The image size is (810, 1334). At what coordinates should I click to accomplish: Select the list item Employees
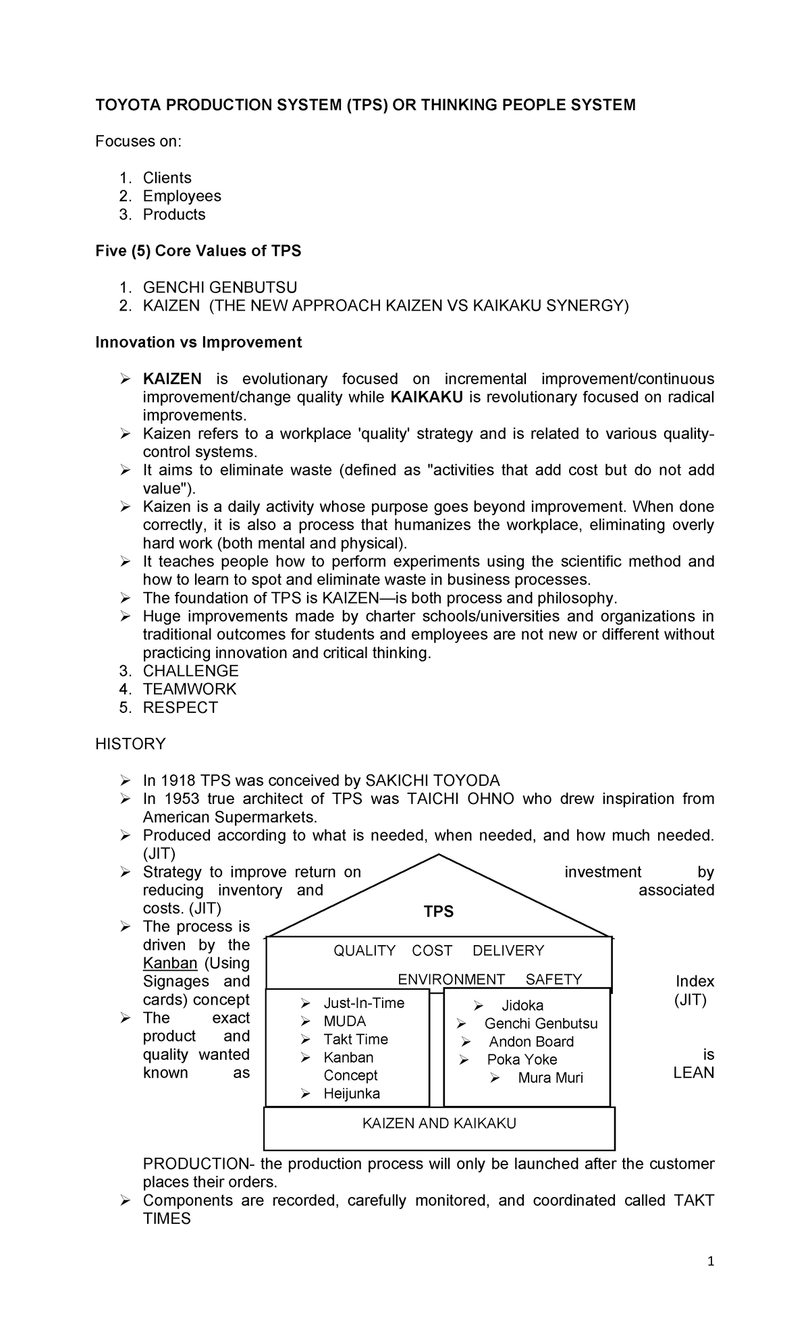182,196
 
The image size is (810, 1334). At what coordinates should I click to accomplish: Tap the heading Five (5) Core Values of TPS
198,251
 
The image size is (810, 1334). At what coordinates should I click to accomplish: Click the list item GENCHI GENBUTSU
219,288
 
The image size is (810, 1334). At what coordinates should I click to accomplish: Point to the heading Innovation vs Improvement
198,342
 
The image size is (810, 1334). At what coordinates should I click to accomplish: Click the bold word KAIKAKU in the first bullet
427,397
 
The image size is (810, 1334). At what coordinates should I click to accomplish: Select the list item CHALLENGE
190,671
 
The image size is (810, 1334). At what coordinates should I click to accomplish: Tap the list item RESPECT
180,708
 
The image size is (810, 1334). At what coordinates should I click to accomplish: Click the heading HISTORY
130,744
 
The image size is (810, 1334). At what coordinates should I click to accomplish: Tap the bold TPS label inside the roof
439,912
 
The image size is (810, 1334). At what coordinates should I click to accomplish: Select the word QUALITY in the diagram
364,951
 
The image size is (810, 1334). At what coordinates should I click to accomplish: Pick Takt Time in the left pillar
356,1040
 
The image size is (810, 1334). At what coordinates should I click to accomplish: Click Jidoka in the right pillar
522,1006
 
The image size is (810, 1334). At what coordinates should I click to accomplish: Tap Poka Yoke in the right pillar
522,1060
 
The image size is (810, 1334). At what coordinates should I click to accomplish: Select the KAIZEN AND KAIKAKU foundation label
439,1123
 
